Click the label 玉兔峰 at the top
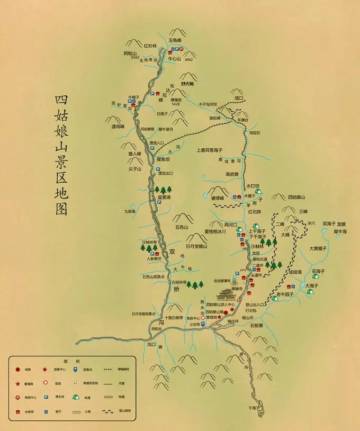(x=175, y=40)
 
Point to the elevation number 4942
(x=188, y=60)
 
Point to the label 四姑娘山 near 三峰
(x=298, y=197)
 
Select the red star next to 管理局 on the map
(x=219, y=317)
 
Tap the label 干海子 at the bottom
(x=255, y=408)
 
